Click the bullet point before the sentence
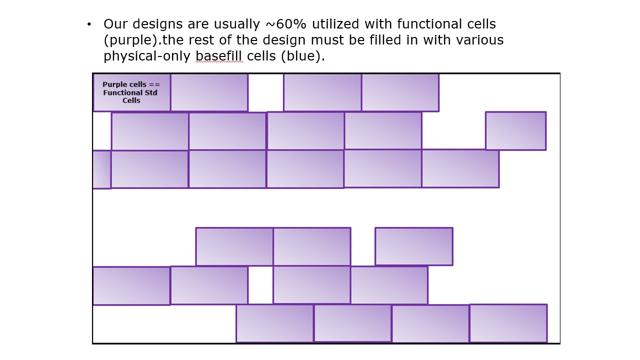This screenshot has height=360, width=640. point(89,24)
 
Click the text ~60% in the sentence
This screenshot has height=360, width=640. point(286,24)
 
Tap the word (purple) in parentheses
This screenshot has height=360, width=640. point(131,40)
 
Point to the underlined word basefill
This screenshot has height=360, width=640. point(219,55)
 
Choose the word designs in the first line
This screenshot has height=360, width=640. point(157,24)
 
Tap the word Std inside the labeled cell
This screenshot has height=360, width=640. point(151,93)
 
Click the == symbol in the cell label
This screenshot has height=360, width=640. point(154,85)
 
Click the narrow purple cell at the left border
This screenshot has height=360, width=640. point(101,169)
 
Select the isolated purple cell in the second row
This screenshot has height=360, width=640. point(515,131)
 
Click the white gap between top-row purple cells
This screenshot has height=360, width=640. point(265,92)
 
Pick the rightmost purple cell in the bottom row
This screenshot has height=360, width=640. point(508,323)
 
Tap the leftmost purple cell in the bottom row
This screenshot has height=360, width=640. point(275,323)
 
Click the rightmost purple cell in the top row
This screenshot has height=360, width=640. point(400,92)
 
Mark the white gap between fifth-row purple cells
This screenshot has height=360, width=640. point(260,285)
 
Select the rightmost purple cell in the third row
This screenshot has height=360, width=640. point(460,169)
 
